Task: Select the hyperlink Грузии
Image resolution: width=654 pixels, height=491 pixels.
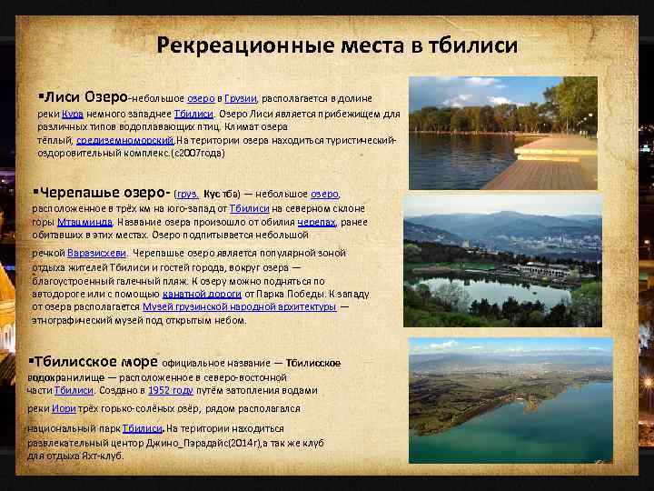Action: [x=240, y=97]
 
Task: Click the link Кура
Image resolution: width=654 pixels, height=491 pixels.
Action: [x=73, y=115]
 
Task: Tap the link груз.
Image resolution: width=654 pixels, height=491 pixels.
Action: [x=187, y=194]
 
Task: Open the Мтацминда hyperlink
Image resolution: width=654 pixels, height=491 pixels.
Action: [x=85, y=221]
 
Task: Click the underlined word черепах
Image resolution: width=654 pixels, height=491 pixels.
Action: [x=319, y=221]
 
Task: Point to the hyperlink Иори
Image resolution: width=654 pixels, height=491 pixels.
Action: [x=75, y=409]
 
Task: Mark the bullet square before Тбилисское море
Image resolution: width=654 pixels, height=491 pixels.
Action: [x=33, y=360]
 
